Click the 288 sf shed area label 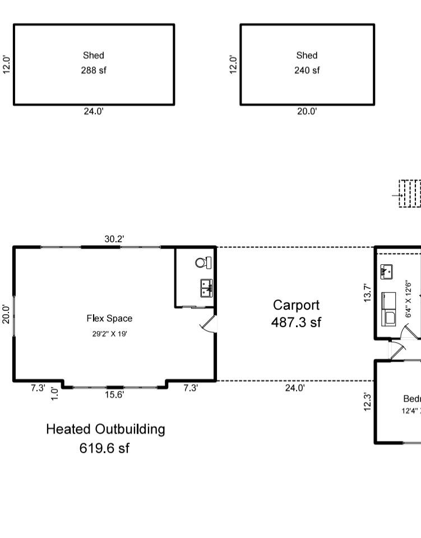point(94,71)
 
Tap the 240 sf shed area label point(307,71)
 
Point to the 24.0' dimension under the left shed point(94,112)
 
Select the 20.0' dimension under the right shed point(307,112)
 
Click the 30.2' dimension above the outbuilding point(114,239)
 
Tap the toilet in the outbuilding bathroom point(203,262)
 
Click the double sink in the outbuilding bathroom point(206,288)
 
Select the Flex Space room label point(109,319)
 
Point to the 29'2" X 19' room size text point(109,334)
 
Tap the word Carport point(296,305)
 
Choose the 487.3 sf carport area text point(296,323)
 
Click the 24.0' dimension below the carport point(295,388)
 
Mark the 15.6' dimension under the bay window point(115,395)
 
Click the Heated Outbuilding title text point(105,429)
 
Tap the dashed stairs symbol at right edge point(410,194)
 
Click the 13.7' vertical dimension point(368,293)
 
